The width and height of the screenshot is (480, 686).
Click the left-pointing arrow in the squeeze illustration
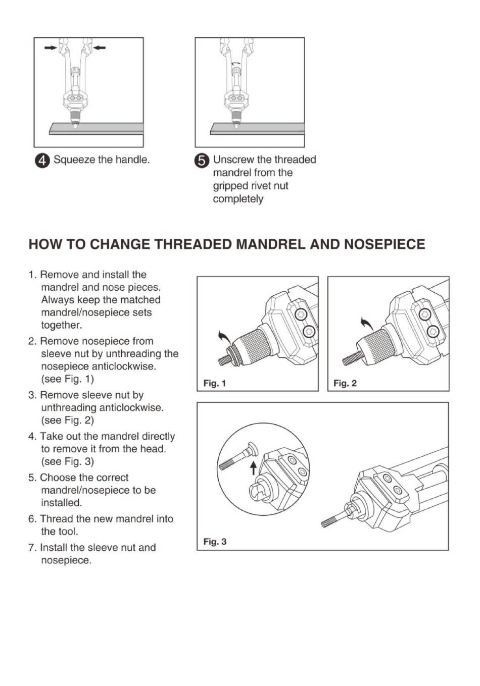point(100,47)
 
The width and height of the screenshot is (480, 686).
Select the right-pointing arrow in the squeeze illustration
point(51,47)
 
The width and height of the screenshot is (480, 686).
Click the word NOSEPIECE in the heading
point(385,244)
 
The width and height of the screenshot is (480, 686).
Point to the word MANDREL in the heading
point(271,244)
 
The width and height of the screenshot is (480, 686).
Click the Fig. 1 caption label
point(215,383)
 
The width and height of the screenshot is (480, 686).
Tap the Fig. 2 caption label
point(345,383)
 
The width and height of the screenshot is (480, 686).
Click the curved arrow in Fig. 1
point(224,336)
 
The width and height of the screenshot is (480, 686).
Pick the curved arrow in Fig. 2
point(367,324)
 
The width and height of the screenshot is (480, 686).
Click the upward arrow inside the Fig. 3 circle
point(253,468)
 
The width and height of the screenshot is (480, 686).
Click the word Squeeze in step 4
point(74,160)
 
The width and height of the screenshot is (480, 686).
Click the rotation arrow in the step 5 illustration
point(236,63)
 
